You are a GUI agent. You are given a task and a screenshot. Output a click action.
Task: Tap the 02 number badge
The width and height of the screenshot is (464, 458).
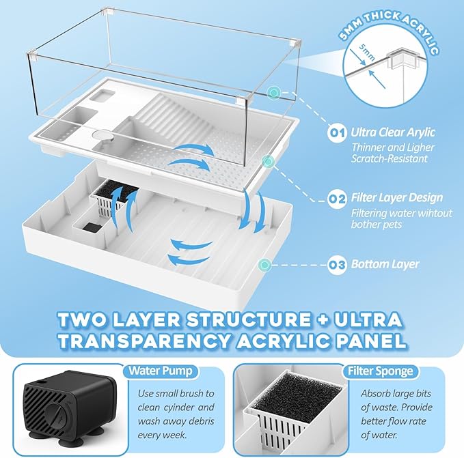click(336, 199)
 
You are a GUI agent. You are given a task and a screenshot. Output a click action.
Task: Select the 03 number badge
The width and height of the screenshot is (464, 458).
click(336, 264)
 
